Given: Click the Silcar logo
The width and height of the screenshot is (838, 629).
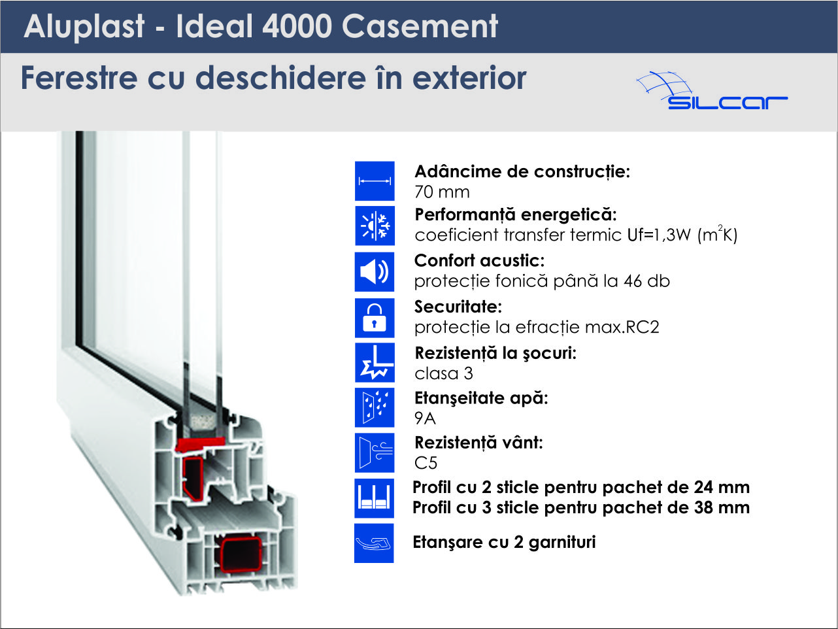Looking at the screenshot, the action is click(x=712, y=91).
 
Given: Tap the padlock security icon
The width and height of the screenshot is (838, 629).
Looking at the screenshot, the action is click(x=375, y=318).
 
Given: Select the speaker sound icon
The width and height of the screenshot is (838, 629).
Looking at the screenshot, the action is click(x=375, y=272).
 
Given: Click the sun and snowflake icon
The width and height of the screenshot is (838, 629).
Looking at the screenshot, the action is click(x=375, y=226).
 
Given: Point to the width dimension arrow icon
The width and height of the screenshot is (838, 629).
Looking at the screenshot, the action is click(x=375, y=181).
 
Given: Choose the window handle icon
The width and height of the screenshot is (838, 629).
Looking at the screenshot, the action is click(x=374, y=543).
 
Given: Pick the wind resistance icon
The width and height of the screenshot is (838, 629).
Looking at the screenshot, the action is click(x=375, y=452).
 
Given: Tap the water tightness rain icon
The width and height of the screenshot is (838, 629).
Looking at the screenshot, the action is click(x=375, y=407).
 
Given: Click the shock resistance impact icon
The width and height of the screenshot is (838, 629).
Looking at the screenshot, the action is click(x=375, y=362).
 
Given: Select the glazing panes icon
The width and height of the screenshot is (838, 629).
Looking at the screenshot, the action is click(x=374, y=498).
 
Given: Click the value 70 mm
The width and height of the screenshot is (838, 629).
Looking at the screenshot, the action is click(x=442, y=192).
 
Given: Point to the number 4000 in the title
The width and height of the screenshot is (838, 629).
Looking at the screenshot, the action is click(x=297, y=26).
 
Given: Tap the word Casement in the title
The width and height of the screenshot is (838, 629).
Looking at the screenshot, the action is click(x=420, y=26).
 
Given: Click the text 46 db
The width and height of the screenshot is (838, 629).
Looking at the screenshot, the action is click(x=646, y=281).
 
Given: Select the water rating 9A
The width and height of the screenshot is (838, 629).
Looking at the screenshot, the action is click(x=425, y=418).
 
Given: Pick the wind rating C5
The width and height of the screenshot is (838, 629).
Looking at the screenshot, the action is click(x=426, y=464).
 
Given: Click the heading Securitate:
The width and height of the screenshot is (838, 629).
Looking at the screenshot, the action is click(x=458, y=306).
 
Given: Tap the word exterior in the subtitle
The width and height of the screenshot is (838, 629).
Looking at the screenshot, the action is click(x=469, y=78).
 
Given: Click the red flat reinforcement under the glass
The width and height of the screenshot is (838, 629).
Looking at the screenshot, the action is click(x=201, y=444).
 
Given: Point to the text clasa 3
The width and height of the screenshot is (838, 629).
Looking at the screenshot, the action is click(x=444, y=373).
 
